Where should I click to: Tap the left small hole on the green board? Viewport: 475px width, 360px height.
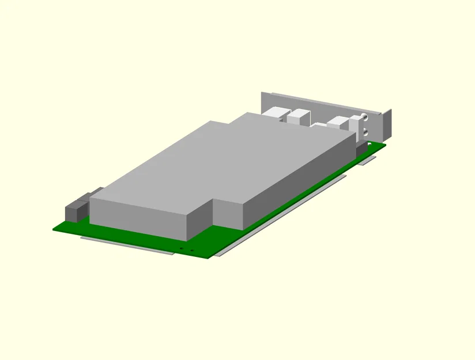(182, 248)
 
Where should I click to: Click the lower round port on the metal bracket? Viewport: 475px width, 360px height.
(365, 132)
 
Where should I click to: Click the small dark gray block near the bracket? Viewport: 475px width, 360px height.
(362, 150)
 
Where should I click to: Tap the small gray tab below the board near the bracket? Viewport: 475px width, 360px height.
(366, 161)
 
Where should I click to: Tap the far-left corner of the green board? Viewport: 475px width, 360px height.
(54, 229)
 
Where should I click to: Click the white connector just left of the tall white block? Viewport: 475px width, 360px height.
(337, 122)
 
